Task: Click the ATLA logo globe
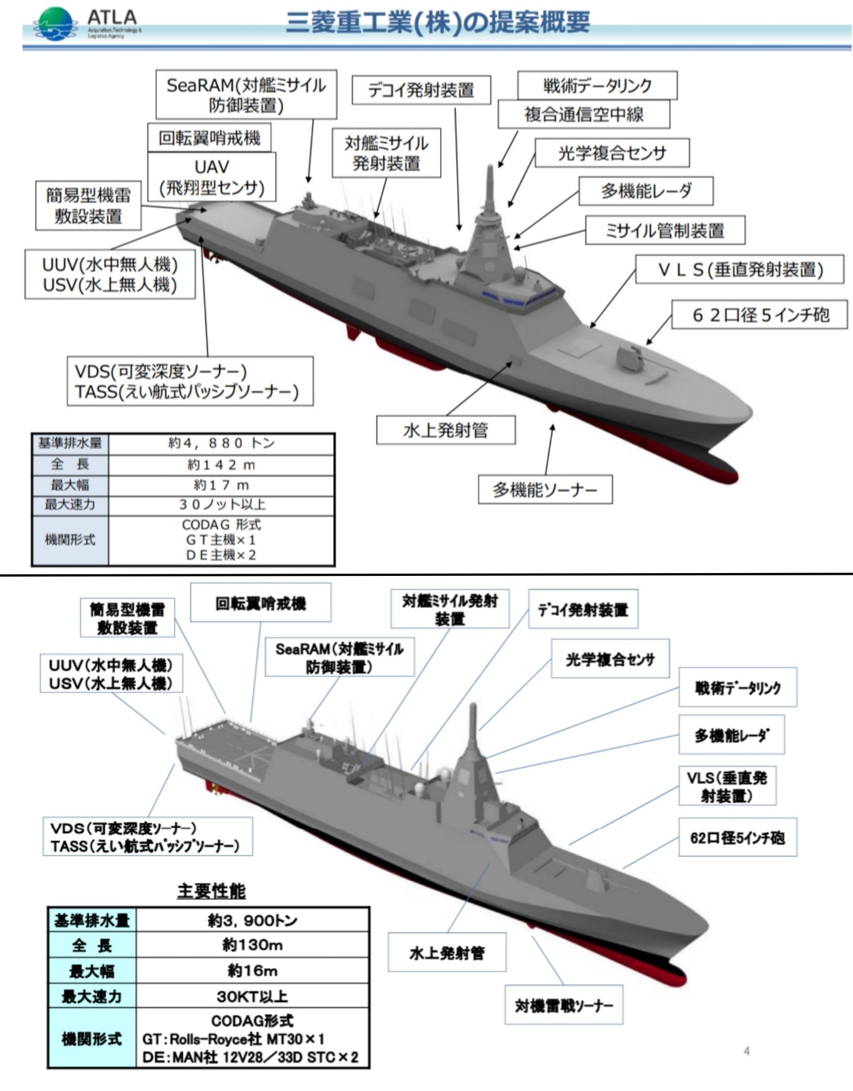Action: click(55, 24)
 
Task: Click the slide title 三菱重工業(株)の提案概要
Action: click(437, 23)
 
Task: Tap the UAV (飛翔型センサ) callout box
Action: click(212, 177)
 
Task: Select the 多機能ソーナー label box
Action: click(545, 490)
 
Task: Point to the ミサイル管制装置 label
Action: click(665, 230)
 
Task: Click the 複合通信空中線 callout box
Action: click(583, 114)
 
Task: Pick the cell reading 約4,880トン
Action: click(221, 443)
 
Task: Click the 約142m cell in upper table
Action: click(221, 465)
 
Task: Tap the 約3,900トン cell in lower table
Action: click(252, 920)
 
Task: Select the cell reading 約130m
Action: click(252, 945)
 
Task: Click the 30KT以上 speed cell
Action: click(252, 996)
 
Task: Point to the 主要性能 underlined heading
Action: click(212, 891)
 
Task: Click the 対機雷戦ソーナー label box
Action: click(564, 1005)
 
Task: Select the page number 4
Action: click(747, 1051)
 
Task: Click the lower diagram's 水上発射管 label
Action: click(447, 952)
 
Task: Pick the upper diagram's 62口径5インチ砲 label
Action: click(760, 314)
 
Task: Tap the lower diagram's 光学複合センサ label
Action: click(610, 659)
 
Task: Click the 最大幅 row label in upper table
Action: click(70, 485)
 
